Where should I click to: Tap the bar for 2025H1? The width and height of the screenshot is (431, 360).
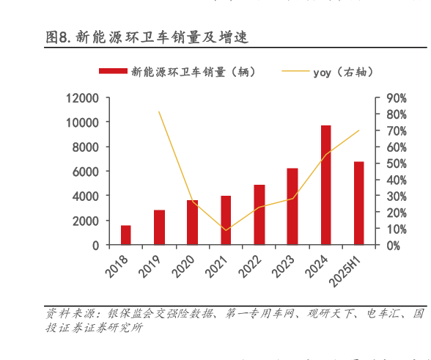pos(358,203)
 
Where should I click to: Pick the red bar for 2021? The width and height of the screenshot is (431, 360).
pos(226,220)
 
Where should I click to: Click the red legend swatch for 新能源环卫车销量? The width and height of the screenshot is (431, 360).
pos(113,71)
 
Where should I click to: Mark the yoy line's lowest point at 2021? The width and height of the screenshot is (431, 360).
pos(226,230)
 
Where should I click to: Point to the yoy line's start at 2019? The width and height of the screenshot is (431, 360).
pos(159,111)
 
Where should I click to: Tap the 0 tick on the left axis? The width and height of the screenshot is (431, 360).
pos(95,246)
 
